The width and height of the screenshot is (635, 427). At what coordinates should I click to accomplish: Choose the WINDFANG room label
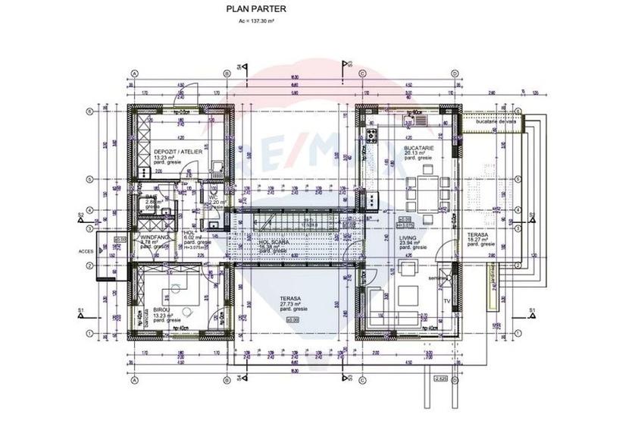pyautogui.click(x=154, y=237)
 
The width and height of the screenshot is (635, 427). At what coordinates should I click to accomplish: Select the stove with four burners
pyautogui.click(x=373, y=137)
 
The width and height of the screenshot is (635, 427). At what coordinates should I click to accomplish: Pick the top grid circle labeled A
pyautogui.click(x=134, y=73)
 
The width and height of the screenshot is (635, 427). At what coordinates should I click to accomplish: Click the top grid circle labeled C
pyautogui.click(x=362, y=73)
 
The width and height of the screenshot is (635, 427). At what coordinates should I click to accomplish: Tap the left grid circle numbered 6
pyautogui.click(x=89, y=111)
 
